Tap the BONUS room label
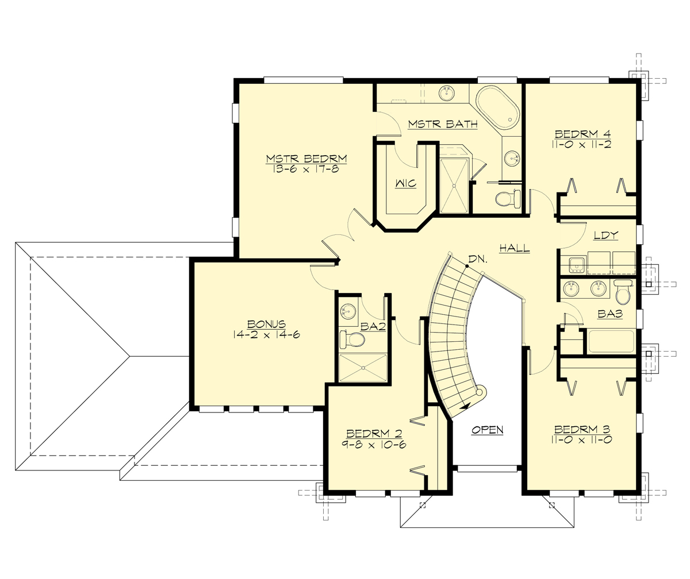266,324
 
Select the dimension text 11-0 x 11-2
580,145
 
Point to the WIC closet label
405,184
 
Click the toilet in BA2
352,339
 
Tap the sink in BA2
348,311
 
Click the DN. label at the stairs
477,260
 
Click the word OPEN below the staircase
488,430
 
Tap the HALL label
514,249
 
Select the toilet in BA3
623,293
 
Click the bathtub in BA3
610,341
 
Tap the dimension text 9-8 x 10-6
373,445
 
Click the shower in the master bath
454,185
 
